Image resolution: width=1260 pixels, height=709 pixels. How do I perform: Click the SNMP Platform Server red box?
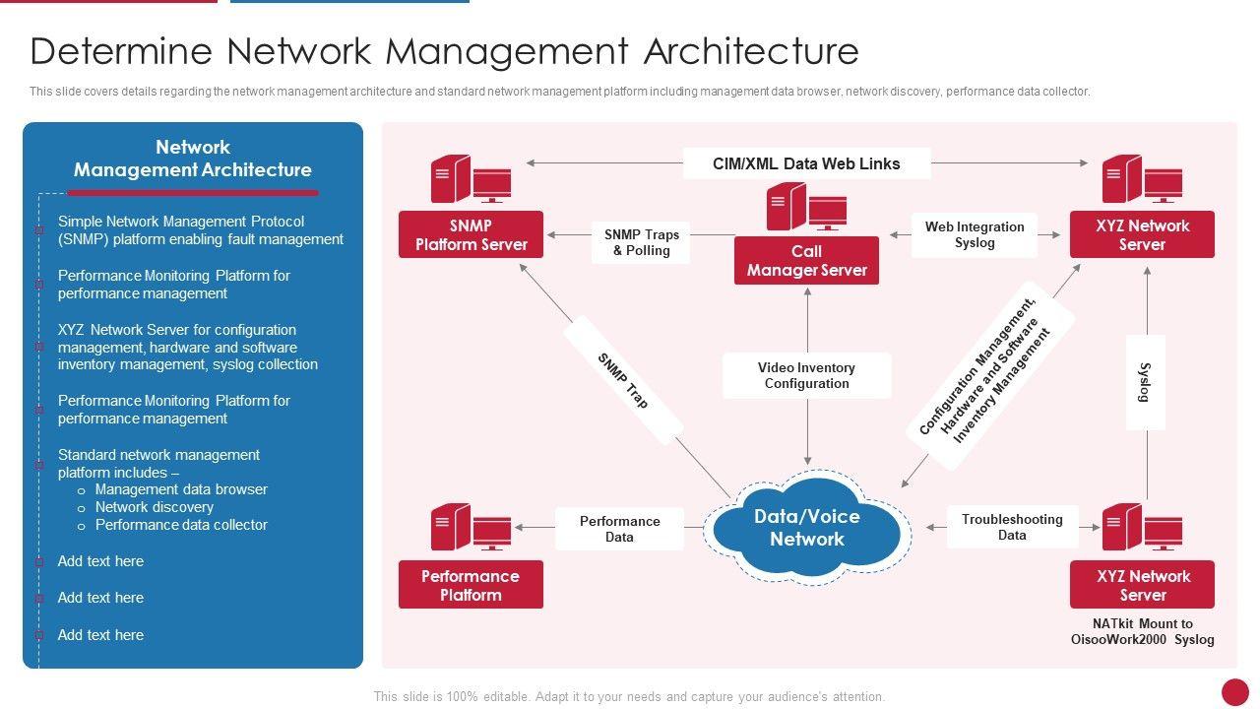[x=471, y=235]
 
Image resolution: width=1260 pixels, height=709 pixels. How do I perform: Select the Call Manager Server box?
[x=806, y=261]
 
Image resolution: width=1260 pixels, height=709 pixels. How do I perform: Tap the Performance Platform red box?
[x=471, y=586]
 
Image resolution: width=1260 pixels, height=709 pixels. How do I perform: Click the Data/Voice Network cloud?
[x=806, y=527]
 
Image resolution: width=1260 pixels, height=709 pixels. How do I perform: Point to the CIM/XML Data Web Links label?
[x=806, y=163]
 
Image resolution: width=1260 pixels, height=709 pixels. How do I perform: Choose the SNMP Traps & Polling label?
[x=641, y=242]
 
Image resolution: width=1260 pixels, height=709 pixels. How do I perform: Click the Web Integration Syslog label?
[x=974, y=235]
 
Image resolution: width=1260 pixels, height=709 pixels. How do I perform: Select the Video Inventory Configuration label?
[x=806, y=375]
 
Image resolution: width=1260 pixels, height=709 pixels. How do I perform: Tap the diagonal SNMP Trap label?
[x=623, y=380]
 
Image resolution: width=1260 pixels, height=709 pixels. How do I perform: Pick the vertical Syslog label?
[x=1145, y=382]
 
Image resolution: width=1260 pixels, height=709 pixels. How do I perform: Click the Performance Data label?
[x=619, y=529]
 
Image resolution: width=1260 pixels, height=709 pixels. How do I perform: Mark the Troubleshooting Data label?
[x=1012, y=527]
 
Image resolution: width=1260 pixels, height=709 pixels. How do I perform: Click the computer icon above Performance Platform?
[x=471, y=527]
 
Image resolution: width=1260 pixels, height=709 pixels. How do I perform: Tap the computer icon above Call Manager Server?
[x=806, y=207]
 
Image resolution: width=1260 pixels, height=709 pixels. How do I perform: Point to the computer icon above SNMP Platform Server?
[x=471, y=179]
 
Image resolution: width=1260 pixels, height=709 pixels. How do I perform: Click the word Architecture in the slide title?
[x=751, y=51]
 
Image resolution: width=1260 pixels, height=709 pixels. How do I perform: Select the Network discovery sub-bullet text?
[x=154, y=507]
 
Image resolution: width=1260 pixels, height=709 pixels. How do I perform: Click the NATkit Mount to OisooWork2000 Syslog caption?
[x=1142, y=631]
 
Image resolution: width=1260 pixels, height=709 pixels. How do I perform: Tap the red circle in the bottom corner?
[x=1234, y=691]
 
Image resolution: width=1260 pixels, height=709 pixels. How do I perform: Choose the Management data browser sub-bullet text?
[x=181, y=489]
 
